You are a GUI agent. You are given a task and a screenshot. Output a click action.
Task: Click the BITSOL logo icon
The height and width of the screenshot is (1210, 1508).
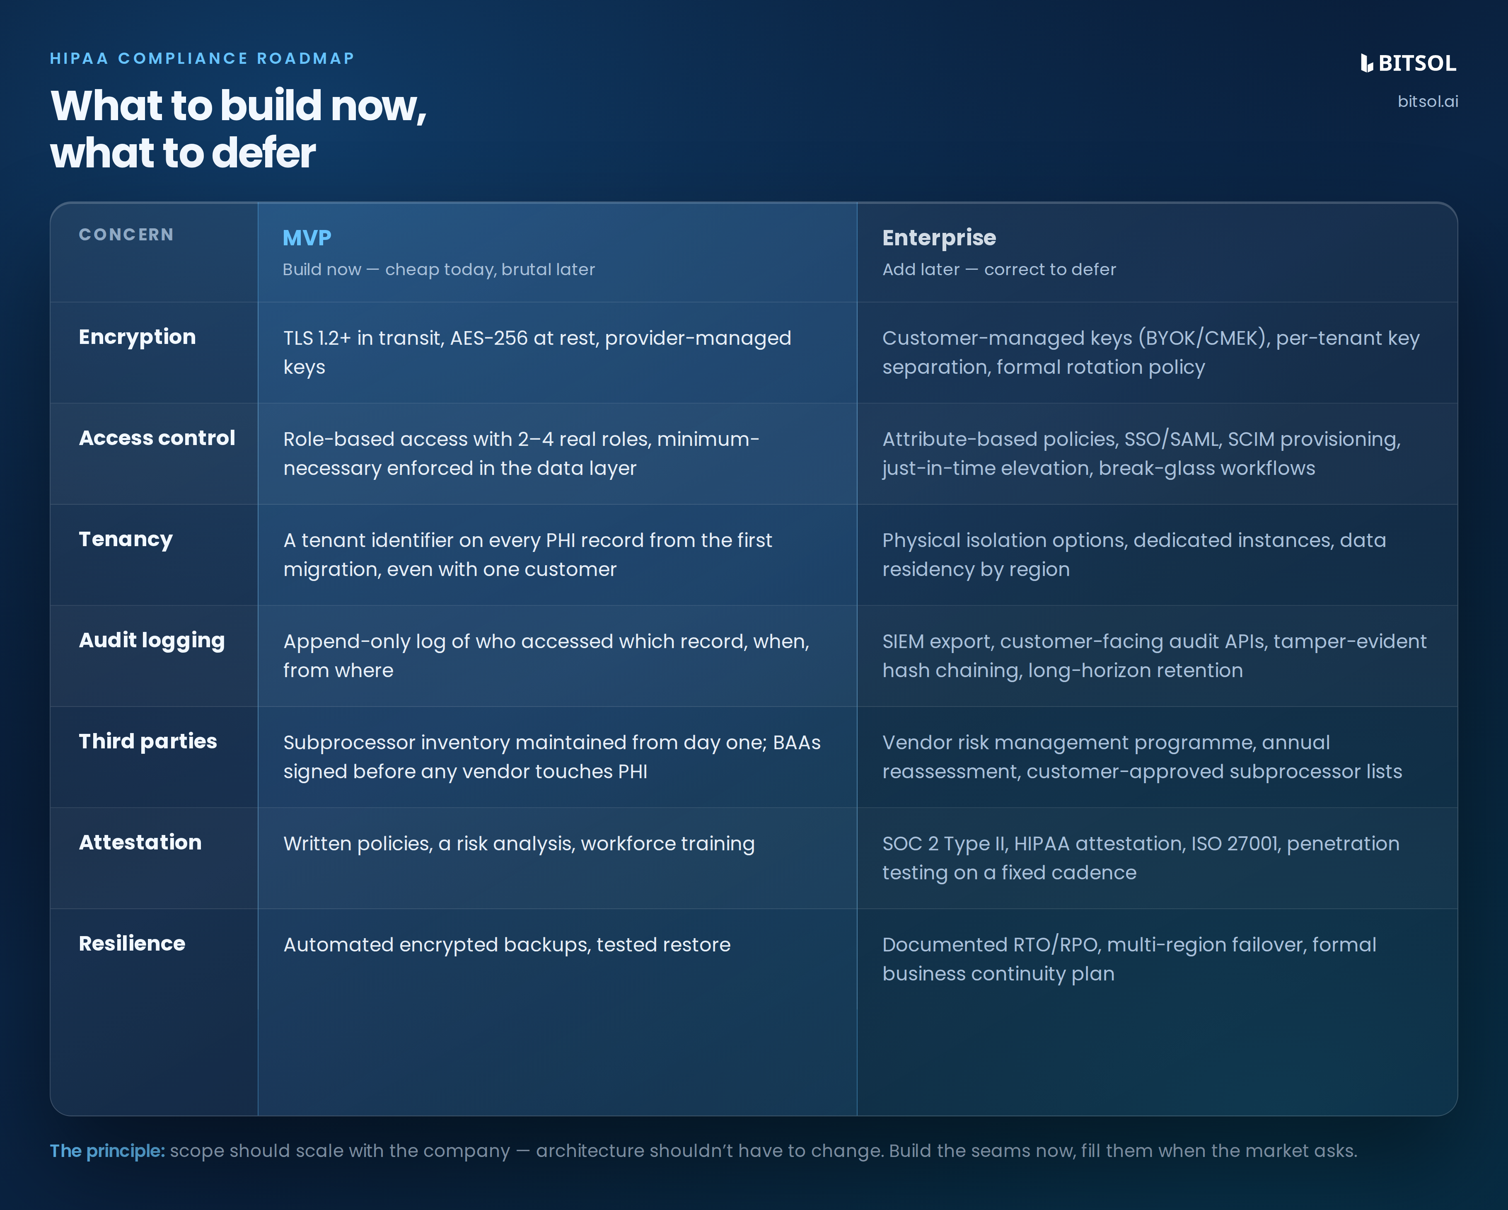[1367, 63]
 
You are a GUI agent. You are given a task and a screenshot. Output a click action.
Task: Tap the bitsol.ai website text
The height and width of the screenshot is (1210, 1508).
[1428, 102]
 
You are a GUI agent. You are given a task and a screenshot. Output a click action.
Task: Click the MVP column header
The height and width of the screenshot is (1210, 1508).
[307, 238]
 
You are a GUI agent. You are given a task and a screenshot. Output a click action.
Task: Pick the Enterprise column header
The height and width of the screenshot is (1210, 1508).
[939, 238]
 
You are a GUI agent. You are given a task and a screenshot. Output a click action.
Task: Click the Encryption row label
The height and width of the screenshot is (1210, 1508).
[137, 337]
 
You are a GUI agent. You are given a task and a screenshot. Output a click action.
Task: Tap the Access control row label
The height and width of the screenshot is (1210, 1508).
[157, 438]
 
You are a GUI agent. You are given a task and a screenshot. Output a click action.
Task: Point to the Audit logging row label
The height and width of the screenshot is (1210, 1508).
[152, 641]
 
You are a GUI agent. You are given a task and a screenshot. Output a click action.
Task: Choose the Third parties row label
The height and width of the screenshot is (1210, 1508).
[147, 741]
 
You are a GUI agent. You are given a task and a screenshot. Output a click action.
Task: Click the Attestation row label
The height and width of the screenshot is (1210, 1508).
[140, 842]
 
